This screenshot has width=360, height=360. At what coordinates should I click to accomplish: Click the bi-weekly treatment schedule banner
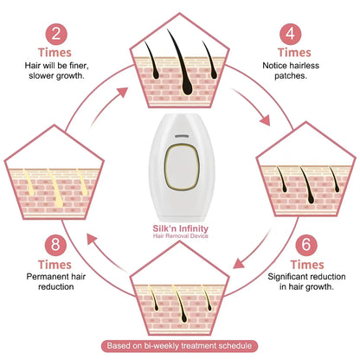click(x=180, y=346)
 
